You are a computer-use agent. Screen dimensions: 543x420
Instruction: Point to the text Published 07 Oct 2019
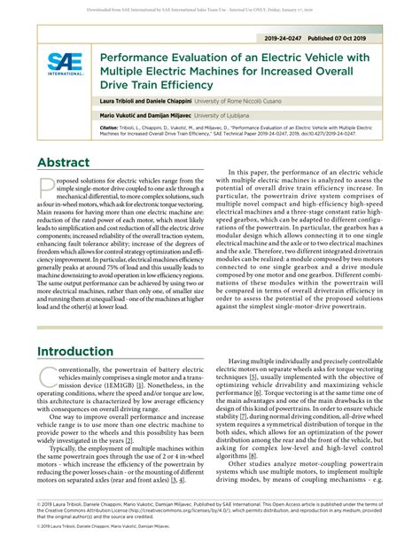362,40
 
